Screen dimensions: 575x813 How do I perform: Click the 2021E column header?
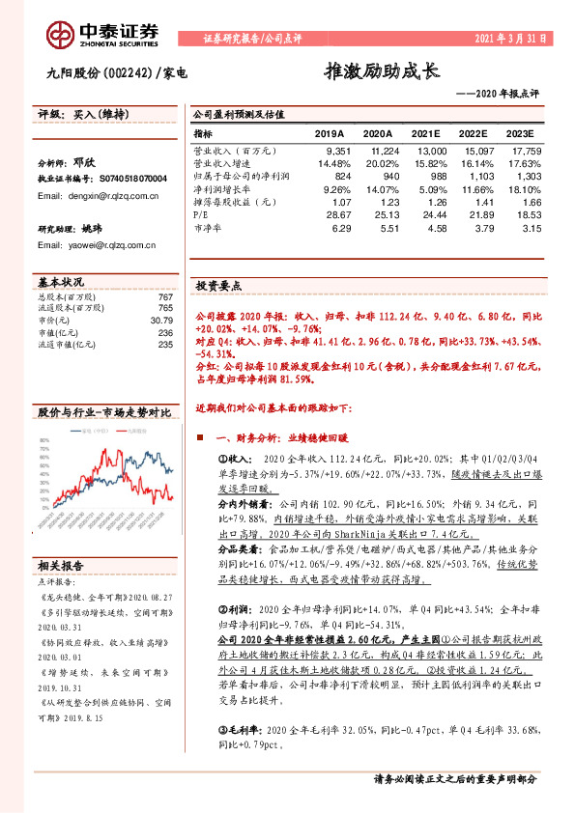429,134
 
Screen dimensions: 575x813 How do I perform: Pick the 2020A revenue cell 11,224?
380,152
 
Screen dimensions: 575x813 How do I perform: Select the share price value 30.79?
159,320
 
